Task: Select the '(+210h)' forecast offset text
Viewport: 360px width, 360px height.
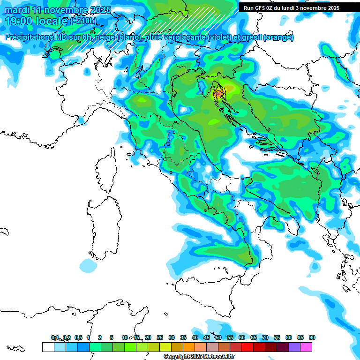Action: (83, 21)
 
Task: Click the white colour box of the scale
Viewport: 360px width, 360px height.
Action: (47, 347)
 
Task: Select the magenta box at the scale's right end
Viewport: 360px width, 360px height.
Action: (306, 347)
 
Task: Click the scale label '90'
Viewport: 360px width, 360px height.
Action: (312, 337)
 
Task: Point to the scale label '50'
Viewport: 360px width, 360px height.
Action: (218, 337)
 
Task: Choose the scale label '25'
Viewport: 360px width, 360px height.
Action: (159, 337)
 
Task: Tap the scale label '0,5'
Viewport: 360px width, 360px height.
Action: (78, 337)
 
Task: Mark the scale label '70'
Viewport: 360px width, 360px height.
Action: (265, 337)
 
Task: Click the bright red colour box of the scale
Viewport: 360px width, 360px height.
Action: (247, 347)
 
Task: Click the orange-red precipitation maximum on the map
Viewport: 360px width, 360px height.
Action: (219, 93)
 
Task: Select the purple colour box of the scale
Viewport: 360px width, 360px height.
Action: (294, 347)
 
